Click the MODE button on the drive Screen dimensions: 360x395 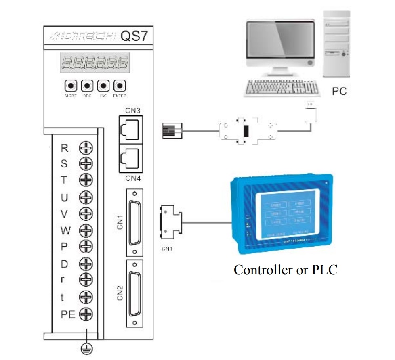coord(71,86)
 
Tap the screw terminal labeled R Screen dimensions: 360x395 coord(86,148)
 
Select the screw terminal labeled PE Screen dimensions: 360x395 coord(86,313)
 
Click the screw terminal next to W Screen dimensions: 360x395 coord(86,230)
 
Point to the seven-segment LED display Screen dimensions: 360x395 coord(95,63)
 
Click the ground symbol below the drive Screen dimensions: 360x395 coord(86,348)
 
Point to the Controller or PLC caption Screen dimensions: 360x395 coord(285,269)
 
